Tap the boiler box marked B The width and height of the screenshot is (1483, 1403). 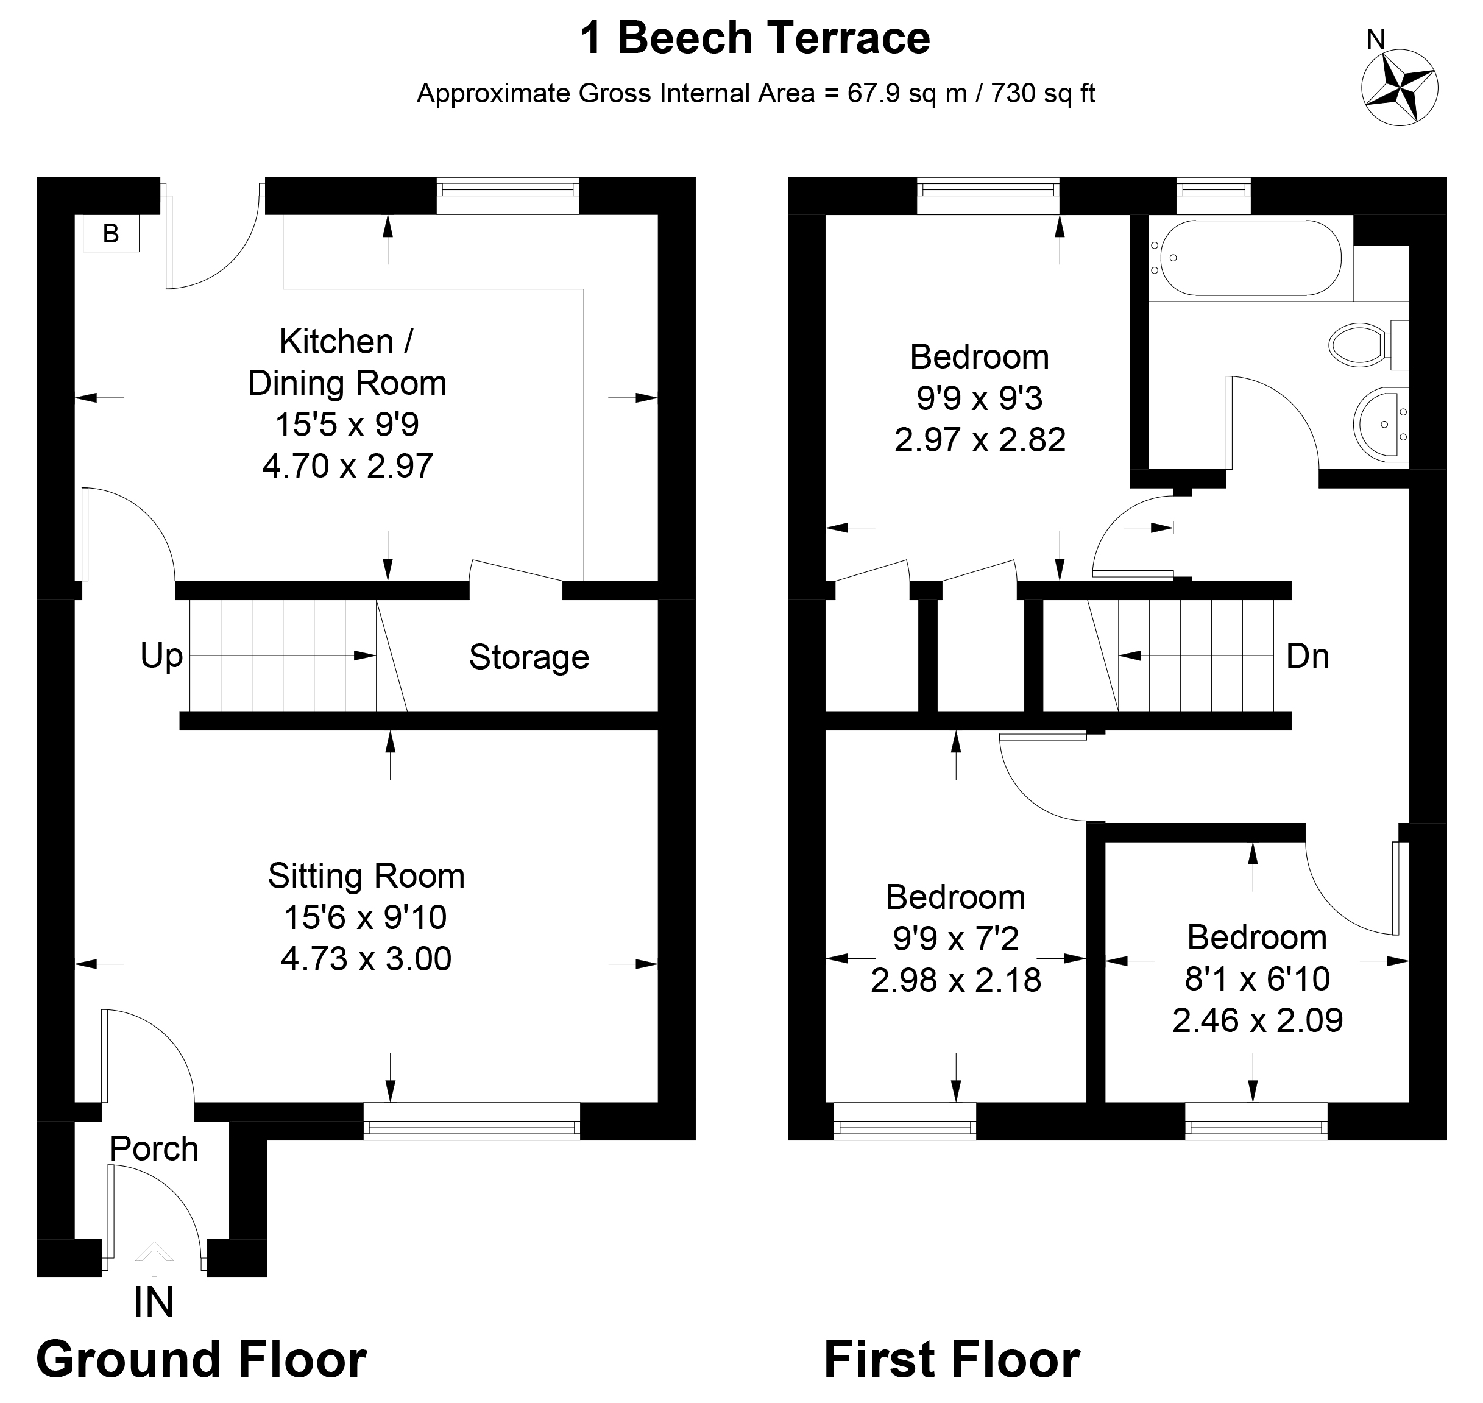tap(111, 233)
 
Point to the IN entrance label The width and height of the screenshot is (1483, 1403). tap(154, 1302)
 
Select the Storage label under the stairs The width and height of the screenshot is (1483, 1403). tap(529, 657)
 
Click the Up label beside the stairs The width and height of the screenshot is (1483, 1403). tap(161, 656)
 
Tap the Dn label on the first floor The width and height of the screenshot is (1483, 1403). tap(1308, 656)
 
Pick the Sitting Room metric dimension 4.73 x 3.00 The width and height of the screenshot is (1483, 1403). tap(366, 959)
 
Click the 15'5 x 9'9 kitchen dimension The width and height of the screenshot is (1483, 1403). tap(347, 424)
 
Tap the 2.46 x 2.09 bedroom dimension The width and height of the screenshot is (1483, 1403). tap(1257, 1020)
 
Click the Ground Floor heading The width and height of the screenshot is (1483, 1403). tap(201, 1360)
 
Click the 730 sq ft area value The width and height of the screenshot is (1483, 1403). tap(1042, 93)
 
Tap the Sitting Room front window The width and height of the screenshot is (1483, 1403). tap(471, 1121)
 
